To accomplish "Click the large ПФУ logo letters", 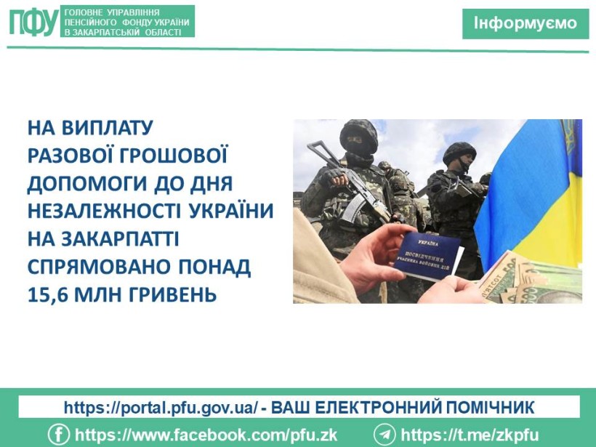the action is click(34, 22).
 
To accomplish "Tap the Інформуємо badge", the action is click(525, 23).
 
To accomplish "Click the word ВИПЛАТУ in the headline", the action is click(107, 128).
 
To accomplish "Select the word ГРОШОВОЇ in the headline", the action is click(174, 156).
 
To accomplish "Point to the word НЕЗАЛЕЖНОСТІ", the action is click(105, 211).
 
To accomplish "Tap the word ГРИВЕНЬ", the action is click(173, 294).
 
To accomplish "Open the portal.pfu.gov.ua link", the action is click(161, 408).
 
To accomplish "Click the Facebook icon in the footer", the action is click(59, 435).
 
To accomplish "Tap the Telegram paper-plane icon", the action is click(384, 435).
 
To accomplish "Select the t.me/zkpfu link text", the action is click(470, 435).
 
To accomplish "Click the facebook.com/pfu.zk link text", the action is click(206, 435).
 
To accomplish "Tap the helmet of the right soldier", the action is click(459, 152).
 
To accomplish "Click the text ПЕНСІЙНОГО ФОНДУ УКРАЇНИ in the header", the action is click(127, 23).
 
